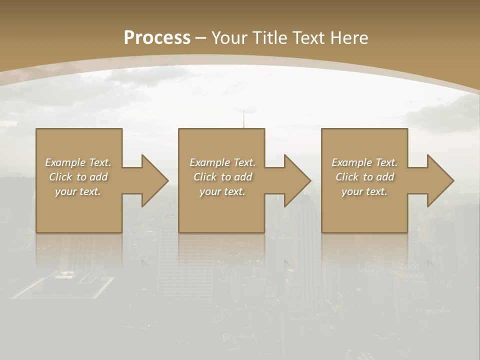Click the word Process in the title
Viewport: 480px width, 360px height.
[157, 38]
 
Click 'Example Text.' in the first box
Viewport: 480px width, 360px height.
[78, 162]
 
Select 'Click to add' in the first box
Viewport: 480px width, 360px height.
[78, 177]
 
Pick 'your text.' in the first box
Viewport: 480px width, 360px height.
[78, 191]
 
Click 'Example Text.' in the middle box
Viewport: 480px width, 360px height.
[222, 162]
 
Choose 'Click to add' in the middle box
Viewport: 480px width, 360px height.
[222, 177]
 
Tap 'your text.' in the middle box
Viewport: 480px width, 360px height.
[222, 191]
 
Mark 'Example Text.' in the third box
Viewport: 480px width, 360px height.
[364, 162]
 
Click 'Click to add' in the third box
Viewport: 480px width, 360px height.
[364, 177]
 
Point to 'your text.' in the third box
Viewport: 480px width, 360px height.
[364, 191]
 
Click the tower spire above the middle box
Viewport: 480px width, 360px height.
[244, 119]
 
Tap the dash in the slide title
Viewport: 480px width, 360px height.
[200, 38]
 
